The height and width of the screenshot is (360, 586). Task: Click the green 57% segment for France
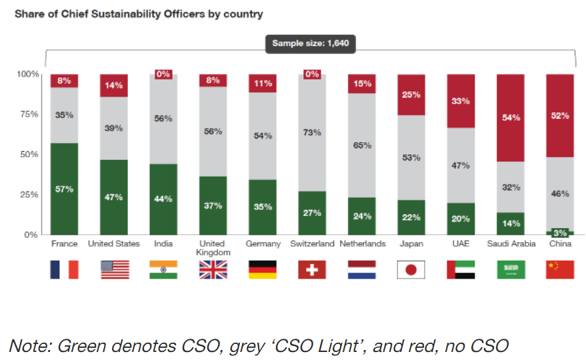[x=65, y=189]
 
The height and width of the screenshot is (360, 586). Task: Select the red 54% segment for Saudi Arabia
[x=511, y=118]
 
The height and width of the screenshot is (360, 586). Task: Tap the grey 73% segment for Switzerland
[x=312, y=133]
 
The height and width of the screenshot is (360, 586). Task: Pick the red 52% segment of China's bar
[x=560, y=115]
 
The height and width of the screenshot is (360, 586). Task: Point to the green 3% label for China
[x=560, y=233]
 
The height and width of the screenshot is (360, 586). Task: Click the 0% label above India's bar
[x=163, y=74]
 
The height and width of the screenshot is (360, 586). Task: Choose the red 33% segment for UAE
[x=461, y=101]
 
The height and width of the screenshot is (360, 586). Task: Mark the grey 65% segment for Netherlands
[x=361, y=145]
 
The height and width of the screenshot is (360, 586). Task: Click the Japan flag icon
[x=411, y=269]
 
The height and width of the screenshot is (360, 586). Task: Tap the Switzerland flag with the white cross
[x=312, y=269]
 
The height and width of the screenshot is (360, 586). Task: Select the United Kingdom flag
[x=213, y=269]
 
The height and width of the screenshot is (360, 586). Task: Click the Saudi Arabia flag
[x=511, y=269]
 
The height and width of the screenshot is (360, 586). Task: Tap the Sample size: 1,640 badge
[x=311, y=45]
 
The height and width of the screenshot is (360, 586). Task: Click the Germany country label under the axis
[x=263, y=244]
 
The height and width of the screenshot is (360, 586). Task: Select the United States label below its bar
[x=114, y=244]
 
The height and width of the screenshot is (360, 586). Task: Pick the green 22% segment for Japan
[x=411, y=217]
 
